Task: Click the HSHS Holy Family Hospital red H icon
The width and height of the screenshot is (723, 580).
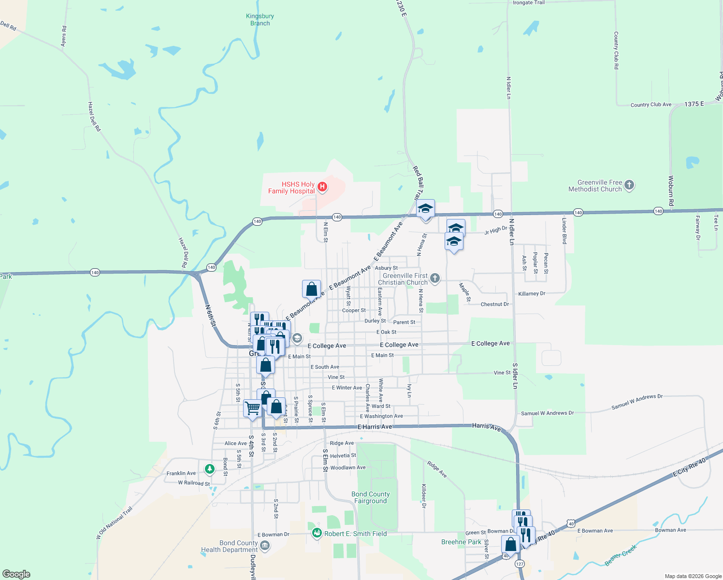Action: tap(322, 187)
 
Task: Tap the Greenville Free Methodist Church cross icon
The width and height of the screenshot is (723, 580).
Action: tap(629, 185)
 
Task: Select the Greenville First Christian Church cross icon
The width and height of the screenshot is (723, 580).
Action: tap(435, 278)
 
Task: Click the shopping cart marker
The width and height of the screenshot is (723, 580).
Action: tap(252, 408)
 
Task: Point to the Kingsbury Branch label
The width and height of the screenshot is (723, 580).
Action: tap(260, 20)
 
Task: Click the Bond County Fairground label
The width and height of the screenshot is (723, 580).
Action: tap(370, 497)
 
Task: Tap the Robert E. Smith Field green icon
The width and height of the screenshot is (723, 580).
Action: tap(317, 533)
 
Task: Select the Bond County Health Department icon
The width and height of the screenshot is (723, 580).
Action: tap(264, 546)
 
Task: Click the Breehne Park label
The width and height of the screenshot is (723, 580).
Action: tap(461, 542)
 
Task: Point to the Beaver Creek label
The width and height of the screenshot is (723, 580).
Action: tap(621, 555)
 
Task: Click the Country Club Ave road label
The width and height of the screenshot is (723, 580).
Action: tap(651, 104)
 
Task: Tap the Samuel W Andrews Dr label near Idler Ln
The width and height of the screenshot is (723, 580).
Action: tap(547, 413)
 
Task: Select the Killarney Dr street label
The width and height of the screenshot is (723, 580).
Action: tap(532, 293)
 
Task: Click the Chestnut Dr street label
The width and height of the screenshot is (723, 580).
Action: tap(494, 304)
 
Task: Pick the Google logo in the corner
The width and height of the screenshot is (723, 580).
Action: tap(16, 574)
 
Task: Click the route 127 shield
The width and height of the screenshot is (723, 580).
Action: tap(520, 564)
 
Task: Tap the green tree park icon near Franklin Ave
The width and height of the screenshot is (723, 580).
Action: tap(209, 468)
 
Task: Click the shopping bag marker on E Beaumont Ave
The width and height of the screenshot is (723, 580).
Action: tap(312, 289)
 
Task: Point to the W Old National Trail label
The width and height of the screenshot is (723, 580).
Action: tap(114, 523)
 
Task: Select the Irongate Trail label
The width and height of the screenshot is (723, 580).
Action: tap(528, 3)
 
